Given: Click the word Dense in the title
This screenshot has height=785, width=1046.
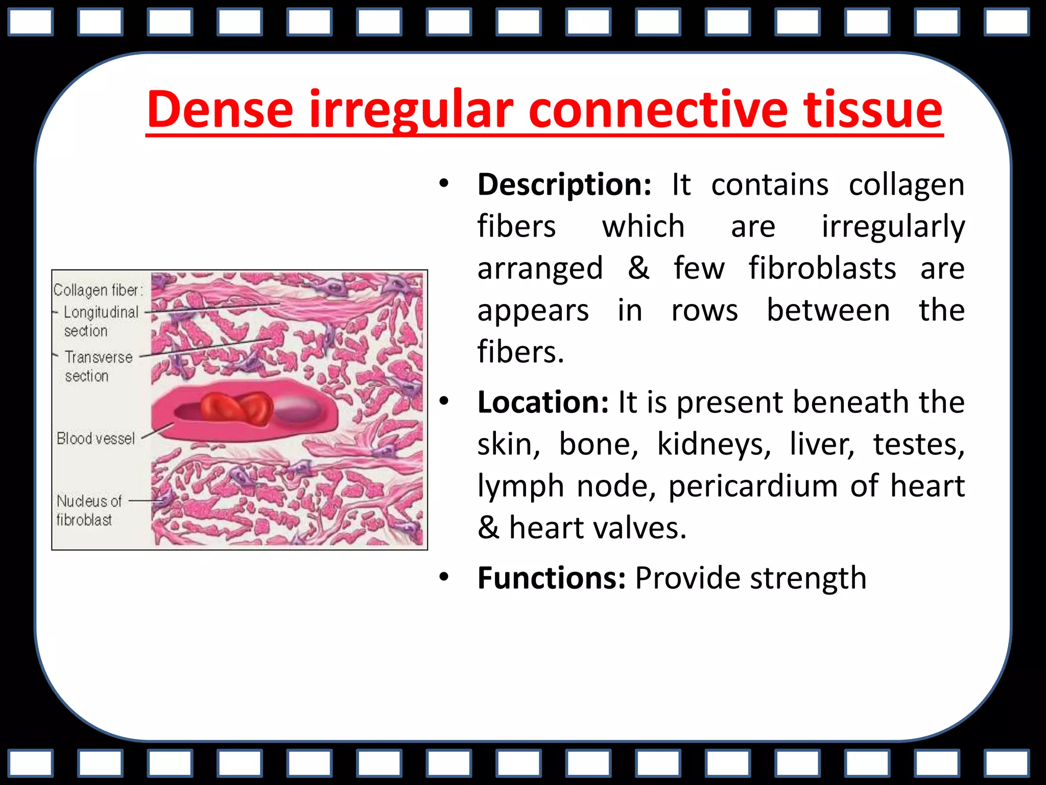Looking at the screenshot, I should tap(220, 110).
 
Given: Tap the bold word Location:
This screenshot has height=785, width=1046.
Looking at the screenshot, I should tap(543, 403).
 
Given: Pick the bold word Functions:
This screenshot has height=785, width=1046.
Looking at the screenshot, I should tap(552, 579).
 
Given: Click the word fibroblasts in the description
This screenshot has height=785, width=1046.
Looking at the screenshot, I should tap(822, 269).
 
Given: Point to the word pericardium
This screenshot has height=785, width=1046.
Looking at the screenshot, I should tap(753, 487).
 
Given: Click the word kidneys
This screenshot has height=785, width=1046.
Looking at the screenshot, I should tap(714, 445).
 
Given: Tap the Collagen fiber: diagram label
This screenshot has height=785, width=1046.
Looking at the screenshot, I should tap(98, 290).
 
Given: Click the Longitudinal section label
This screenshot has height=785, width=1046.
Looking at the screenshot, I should tap(101, 321).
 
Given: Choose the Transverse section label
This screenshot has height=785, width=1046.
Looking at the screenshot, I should tap(98, 366).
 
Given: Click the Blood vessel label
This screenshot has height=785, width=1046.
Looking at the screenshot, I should tap(96, 438).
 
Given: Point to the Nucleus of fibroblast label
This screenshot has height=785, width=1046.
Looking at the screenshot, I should tap(88, 510).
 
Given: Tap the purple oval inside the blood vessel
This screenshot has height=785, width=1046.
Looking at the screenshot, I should tap(299, 409).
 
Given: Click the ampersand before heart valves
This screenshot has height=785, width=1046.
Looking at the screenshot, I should tap(489, 528).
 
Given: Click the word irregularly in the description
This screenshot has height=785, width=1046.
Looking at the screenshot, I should tap(893, 227).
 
